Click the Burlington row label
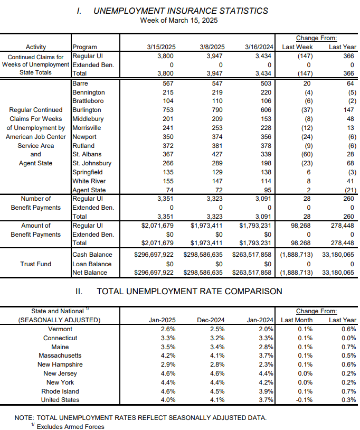click(87, 110)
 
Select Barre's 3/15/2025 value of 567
click(168, 83)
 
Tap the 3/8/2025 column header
click(212, 47)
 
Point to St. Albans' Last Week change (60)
click(307, 154)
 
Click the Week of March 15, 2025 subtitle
click(179, 21)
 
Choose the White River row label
click(89, 181)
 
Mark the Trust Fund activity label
click(35, 264)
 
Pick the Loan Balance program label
click(92, 264)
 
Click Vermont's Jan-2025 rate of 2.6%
click(168, 329)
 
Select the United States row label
click(60, 400)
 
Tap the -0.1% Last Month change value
click(304, 400)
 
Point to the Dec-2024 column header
click(211, 320)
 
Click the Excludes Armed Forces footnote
click(70, 427)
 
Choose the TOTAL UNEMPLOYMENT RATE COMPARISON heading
click(190, 291)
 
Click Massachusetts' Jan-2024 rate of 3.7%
click(266, 356)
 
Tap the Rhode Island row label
click(60, 391)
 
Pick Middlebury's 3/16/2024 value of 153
click(266, 119)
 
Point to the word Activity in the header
click(35, 47)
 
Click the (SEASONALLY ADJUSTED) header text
click(60, 320)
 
